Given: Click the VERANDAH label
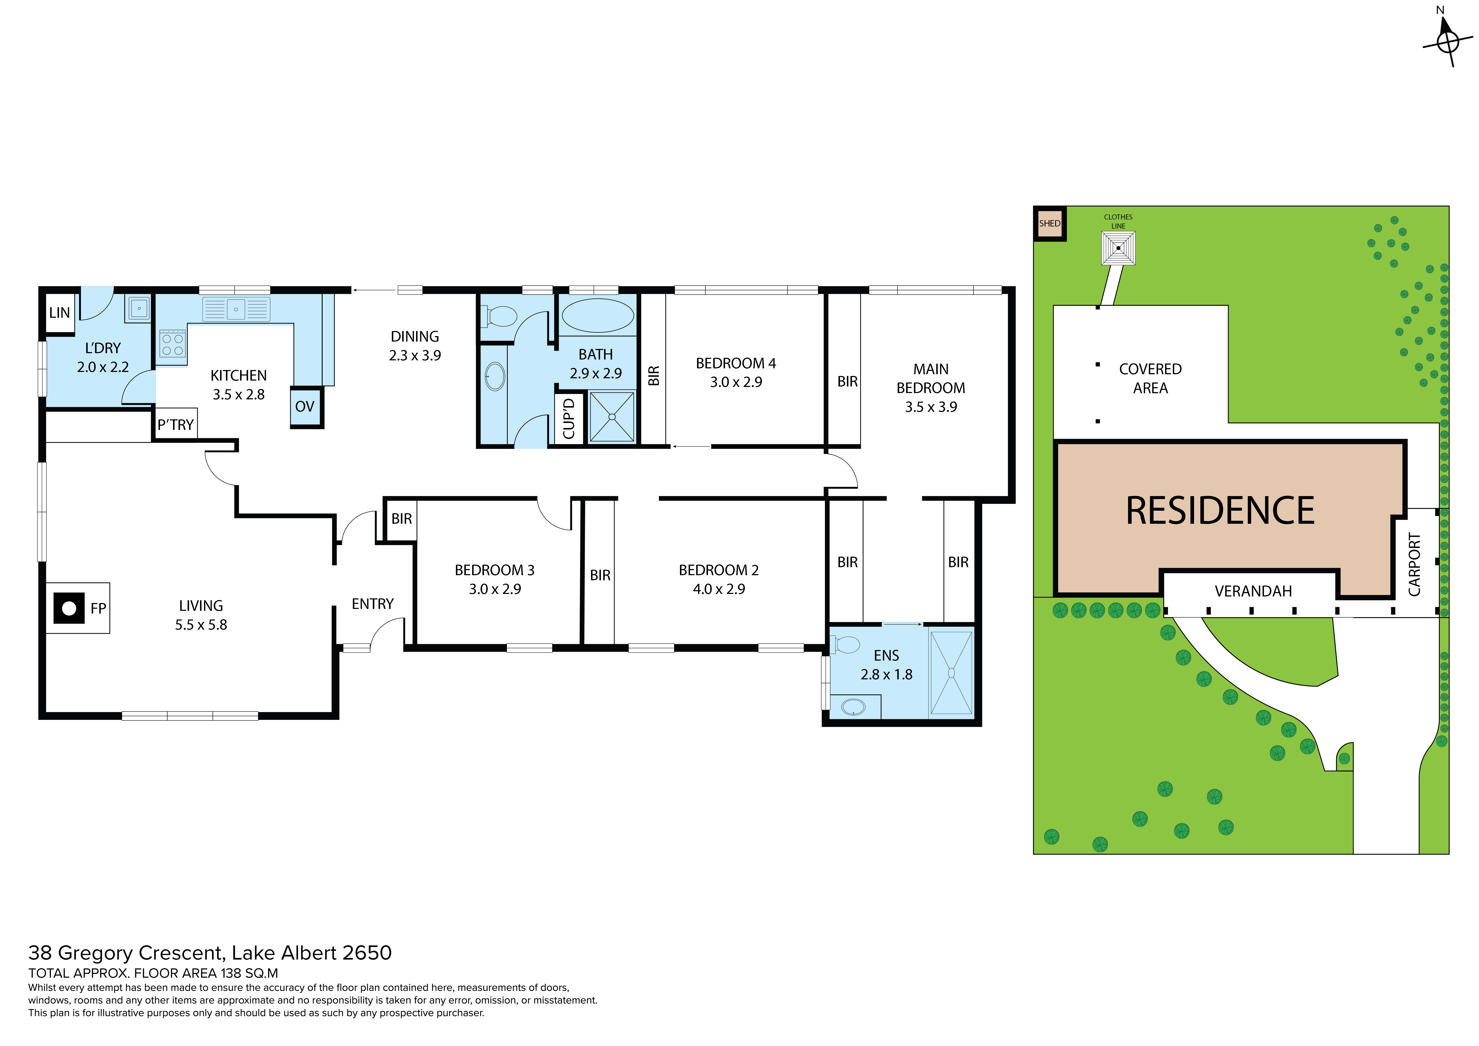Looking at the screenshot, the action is coord(1253,591).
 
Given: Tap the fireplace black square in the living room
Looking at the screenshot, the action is coord(69,608).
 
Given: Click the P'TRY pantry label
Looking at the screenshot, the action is coord(176,425).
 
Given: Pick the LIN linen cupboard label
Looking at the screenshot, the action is coord(59,312).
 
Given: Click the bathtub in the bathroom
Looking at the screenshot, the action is coord(598,315).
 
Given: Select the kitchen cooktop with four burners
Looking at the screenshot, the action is coord(173,344).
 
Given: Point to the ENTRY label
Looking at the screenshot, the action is coord(372,604).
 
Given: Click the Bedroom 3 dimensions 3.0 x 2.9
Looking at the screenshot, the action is coord(495,589).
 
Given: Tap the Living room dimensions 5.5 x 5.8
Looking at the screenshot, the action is coord(201,625).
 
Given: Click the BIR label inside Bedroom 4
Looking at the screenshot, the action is coord(654,376).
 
